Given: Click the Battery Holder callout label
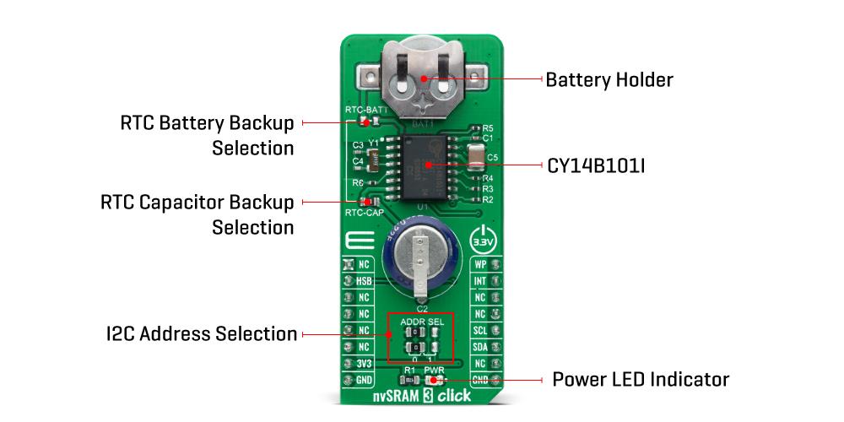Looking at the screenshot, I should point(609,80).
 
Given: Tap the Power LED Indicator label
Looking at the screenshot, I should point(640,379).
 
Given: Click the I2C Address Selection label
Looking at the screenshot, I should point(197,334).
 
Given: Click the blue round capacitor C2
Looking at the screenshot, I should point(421,257).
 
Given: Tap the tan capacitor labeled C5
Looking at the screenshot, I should point(476,157).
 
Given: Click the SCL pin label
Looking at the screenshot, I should point(480,330).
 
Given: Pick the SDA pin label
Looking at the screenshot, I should point(480,346).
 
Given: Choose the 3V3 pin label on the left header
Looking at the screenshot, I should point(365,363).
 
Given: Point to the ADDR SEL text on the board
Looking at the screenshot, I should point(421,322).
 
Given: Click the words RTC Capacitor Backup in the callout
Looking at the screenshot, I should point(197,203).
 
